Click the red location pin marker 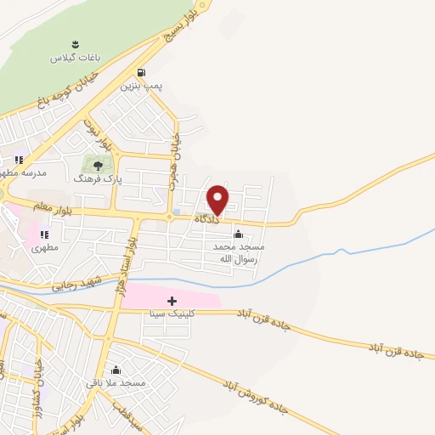pyautogui.click(x=217, y=199)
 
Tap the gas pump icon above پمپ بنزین pyautogui.click(x=139, y=73)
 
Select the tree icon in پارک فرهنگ pyautogui.click(x=98, y=167)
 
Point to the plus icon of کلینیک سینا pyautogui.click(x=172, y=301)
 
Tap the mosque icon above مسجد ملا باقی pyautogui.click(x=116, y=370)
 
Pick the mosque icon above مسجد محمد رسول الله pyautogui.click(x=238, y=234)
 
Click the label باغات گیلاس pyautogui.click(x=74, y=58)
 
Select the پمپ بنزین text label pyautogui.click(x=139, y=86)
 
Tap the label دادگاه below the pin pyautogui.click(x=206, y=219)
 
